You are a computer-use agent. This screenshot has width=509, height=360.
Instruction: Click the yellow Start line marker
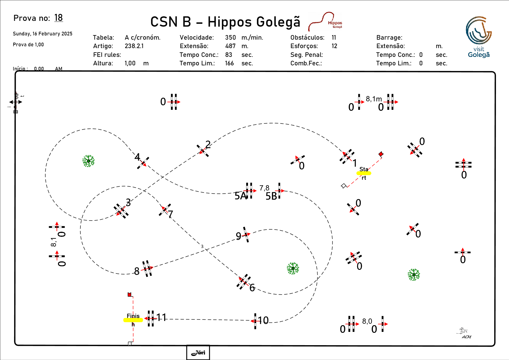[364, 173]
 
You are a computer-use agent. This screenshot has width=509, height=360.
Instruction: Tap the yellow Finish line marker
[133, 320]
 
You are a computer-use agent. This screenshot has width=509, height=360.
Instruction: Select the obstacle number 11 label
[162, 317]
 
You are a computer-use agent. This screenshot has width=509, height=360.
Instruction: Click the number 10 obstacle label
[263, 320]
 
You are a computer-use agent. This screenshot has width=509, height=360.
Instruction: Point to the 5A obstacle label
[240, 196]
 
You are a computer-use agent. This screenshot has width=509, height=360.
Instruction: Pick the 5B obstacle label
[271, 196]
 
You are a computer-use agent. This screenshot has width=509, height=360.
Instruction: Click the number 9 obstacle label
[239, 236]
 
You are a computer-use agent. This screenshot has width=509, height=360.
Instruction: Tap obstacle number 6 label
[252, 287]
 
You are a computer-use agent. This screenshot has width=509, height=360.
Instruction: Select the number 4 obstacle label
[137, 157]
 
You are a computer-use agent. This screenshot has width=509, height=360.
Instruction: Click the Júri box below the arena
[198, 352]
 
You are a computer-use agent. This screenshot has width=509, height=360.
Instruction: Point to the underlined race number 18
[58, 18]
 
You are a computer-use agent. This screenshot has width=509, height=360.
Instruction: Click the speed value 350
[230, 38]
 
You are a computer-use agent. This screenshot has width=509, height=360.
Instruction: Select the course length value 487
[230, 46]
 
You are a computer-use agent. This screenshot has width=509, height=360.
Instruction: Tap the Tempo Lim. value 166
[229, 63]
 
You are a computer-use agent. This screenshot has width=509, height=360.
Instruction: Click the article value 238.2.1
[134, 46]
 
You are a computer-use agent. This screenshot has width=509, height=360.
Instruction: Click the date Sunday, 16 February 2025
[43, 34]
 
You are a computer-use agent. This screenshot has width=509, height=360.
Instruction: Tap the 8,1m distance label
[374, 99]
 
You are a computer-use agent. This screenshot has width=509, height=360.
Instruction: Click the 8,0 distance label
[367, 321]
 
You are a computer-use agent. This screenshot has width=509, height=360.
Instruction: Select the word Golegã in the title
[279, 22]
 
